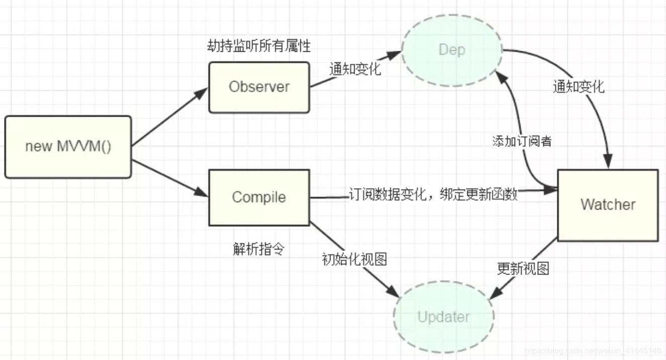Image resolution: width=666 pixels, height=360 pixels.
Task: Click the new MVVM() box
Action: (68, 147)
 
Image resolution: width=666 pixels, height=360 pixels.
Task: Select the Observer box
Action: (259, 87)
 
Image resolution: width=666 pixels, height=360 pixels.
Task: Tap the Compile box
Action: (259, 197)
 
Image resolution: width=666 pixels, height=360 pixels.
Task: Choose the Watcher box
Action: (608, 205)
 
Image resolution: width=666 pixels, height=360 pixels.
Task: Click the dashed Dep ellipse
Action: (452, 50)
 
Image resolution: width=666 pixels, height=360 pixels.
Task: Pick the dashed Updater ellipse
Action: (444, 317)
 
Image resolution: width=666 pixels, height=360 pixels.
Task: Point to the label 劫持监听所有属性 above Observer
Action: (259, 46)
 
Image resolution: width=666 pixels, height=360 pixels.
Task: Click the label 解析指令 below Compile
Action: (259, 249)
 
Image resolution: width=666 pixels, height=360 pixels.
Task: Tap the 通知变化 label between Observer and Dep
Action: (355, 69)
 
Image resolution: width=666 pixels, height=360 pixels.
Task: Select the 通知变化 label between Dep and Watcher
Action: (578, 87)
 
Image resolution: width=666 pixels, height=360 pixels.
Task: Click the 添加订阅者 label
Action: (522, 141)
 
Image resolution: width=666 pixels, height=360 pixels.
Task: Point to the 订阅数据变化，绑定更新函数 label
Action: (433, 195)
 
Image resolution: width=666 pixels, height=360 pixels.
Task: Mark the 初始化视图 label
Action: (354, 259)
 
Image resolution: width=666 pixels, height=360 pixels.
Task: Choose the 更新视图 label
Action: (523, 269)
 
